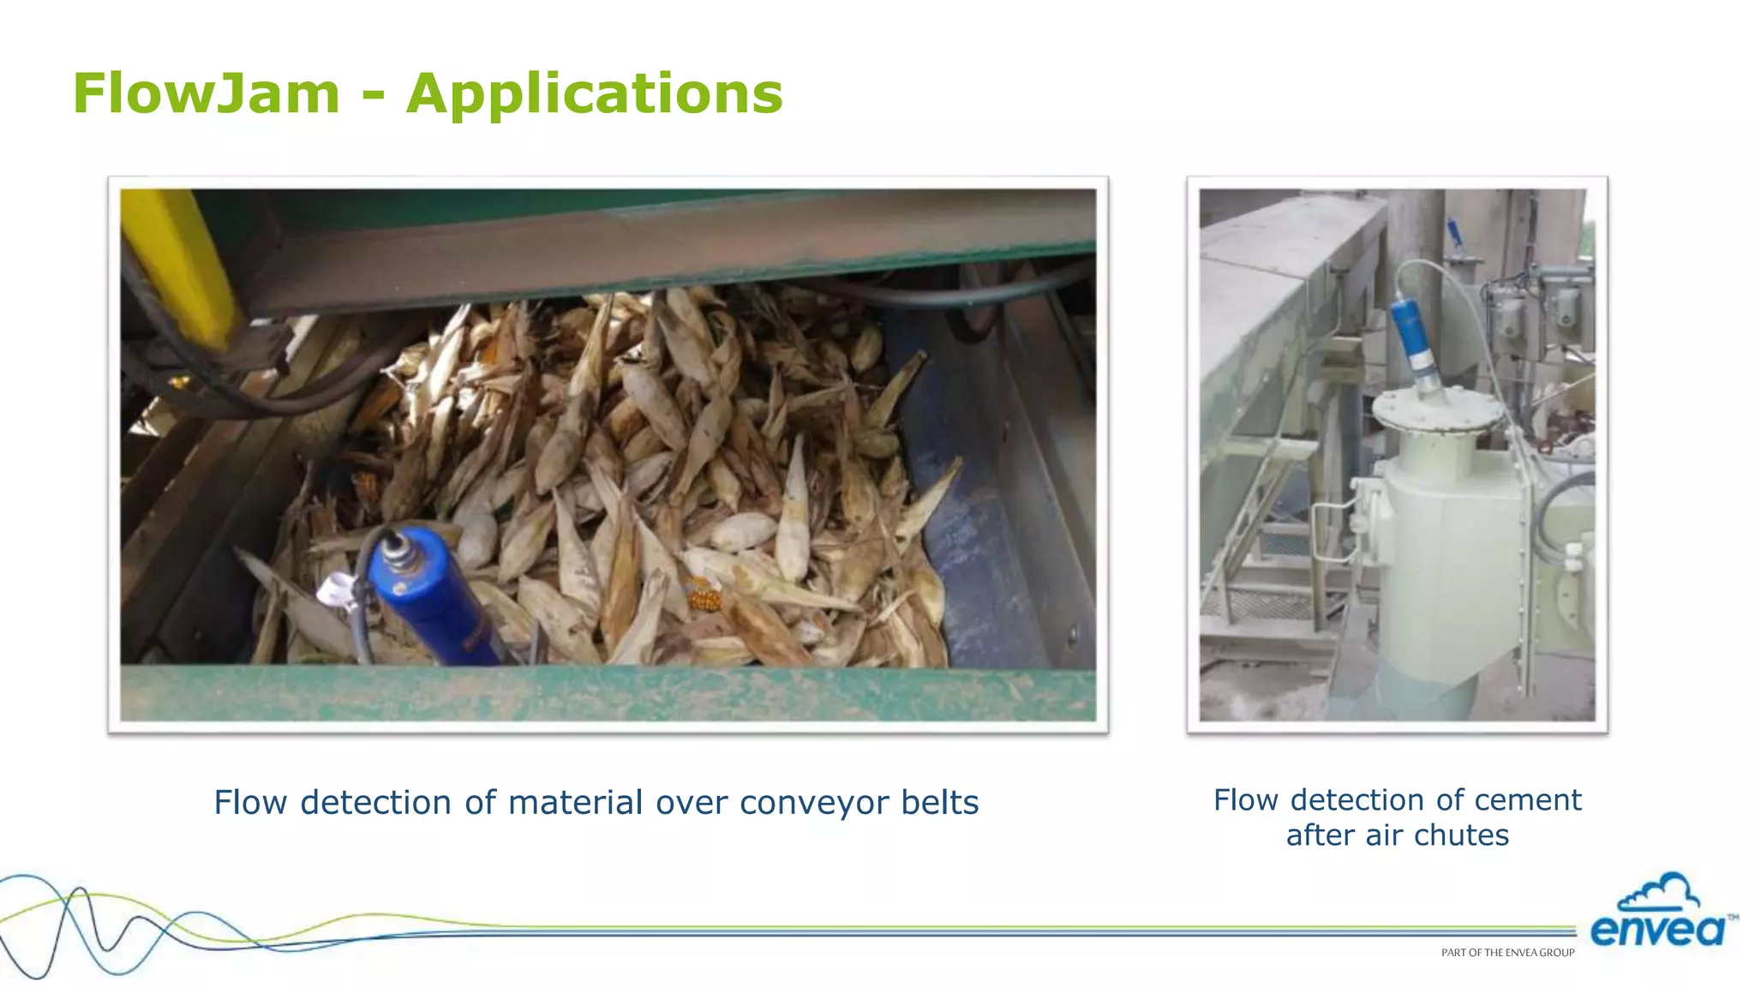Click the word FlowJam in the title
pos(207,93)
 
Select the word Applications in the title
pos(595,94)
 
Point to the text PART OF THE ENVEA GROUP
pos(1507,953)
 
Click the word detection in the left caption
pos(375,803)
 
